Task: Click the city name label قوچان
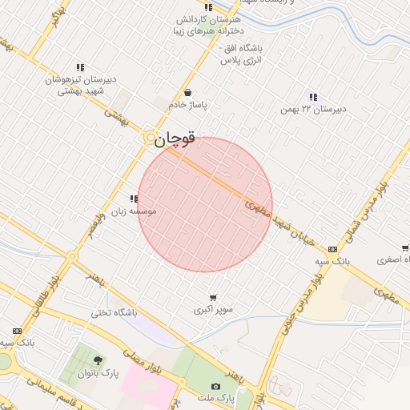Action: (175, 139)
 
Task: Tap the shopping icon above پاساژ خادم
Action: (187, 92)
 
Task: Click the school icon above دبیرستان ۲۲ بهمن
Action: (312, 97)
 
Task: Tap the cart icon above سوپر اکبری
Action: (213, 297)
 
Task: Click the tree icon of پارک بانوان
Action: (98, 360)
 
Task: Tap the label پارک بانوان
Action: (98, 373)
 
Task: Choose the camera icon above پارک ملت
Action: (215, 386)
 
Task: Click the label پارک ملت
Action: (236, 397)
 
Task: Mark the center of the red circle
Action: (205, 205)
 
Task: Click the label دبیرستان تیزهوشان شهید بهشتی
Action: (80, 86)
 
